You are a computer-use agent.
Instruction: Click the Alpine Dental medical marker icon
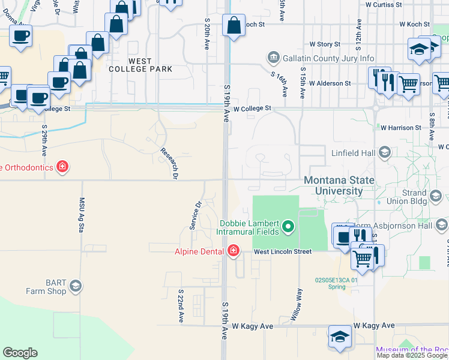pyautogui.click(x=232, y=251)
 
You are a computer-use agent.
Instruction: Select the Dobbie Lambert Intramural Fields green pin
pyautogui.click(x=288, y=226)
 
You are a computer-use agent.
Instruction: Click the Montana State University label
pyautogui.click(x=339, y=185)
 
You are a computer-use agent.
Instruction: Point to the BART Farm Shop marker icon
pyautogui.click(x=76, y=286)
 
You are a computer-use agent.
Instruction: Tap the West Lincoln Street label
pyautogui.click(x=282, y=251)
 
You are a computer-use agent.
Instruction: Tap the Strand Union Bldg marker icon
pyautogui.click(x=436, y=195)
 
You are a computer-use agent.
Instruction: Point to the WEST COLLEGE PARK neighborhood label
pyautogui.click(x=140, y=65)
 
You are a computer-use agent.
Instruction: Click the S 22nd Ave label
pyautogui.click(x=180, y=305)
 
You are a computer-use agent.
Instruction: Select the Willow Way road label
pyautogui.click(x=297, y=304)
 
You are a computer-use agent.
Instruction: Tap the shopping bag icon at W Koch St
pyautogui.click(x=234, y=25)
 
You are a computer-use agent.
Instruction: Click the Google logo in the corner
pyautogui.click(x=20, y=353)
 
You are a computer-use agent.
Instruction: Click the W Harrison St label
pyautogui.click(x=400, y=128)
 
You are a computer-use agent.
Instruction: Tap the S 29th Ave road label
pyautogui.click(x=45, y=140)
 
